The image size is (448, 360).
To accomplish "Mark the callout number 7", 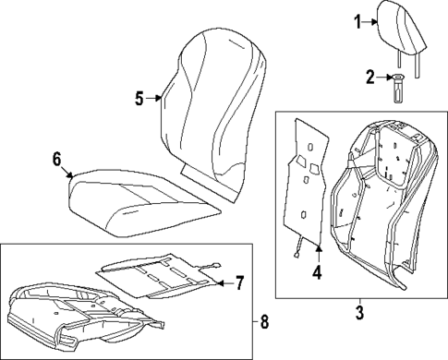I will click(x=238, y=281).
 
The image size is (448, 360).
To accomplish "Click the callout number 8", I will click(x=265, y=321).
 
